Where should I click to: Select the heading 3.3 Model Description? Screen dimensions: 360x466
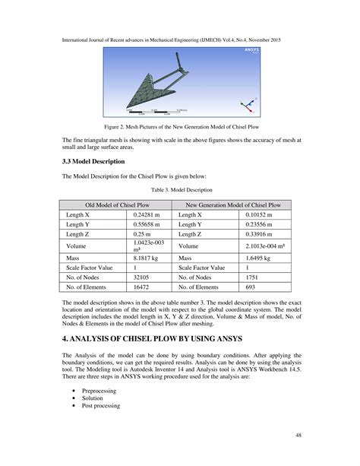[x=93, y=162]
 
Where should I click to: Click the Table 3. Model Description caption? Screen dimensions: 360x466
[x=179, y=189]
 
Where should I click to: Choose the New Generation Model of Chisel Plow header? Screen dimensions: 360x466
[x=234, y=205]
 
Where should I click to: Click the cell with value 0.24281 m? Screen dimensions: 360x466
[x=148, y=215]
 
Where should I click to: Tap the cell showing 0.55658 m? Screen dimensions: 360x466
[x=148, y=225]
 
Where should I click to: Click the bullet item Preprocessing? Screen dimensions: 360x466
[x=99, y=390]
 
